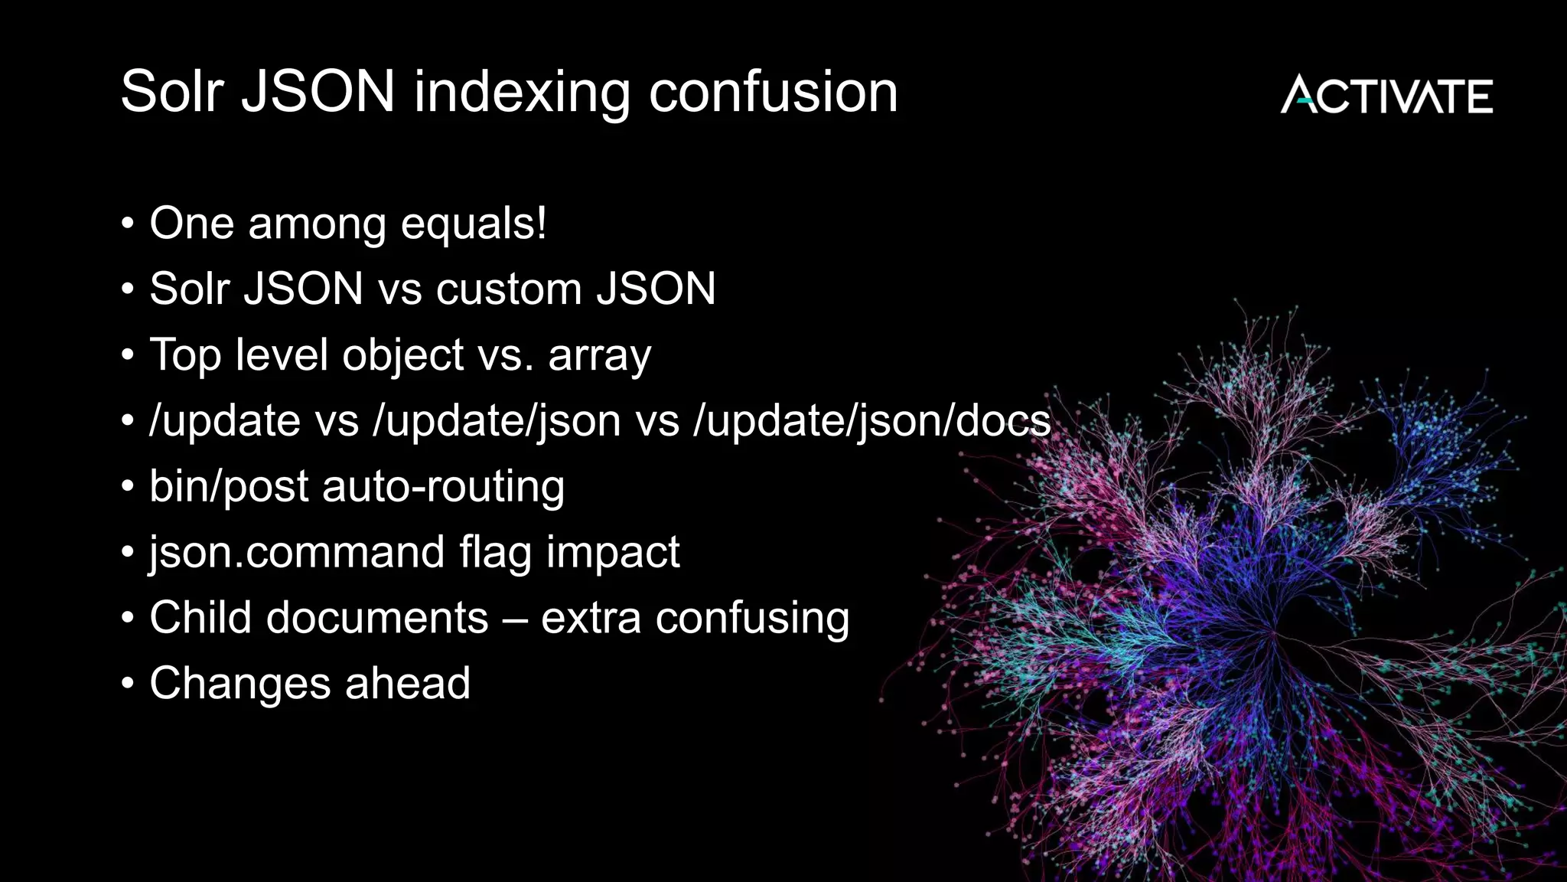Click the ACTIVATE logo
[x=1386, y=95]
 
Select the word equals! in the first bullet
[x=474, y=224]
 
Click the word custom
[x=509, y=289]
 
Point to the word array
[x=599, y=356]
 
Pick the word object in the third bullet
[x=402, y=356]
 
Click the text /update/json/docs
[x=871, y=421]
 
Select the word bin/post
[x=229, y=487]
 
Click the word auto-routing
[x=443, y=487]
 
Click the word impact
[x=612, y=553]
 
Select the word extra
[x=591, y=619]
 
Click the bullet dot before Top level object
[x=128, y=356]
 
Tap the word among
[x=317, y=224]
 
